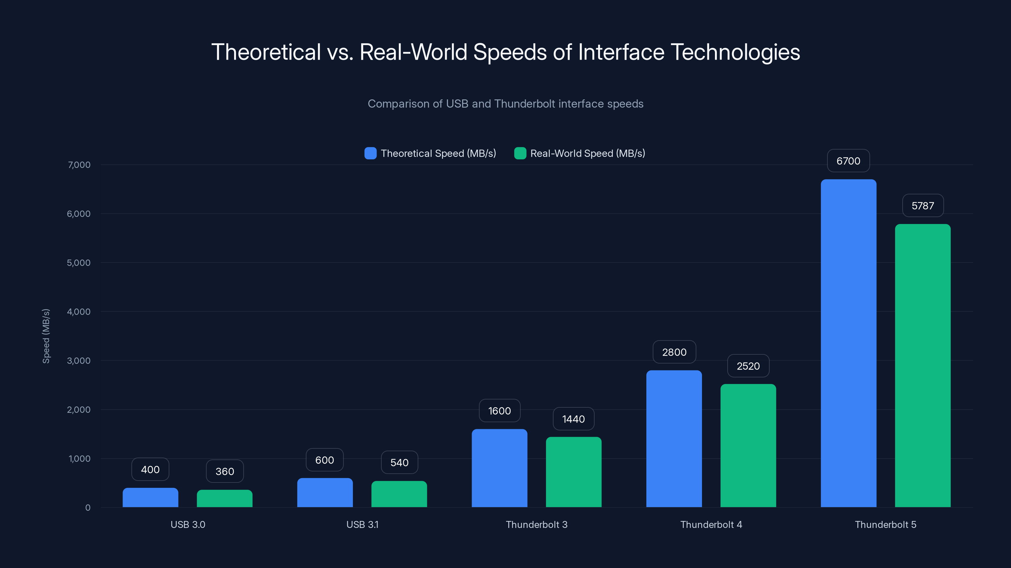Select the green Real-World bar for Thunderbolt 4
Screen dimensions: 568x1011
[748, 445]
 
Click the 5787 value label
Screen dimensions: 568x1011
[923, 205]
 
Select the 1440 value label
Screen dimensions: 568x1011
[573, 419]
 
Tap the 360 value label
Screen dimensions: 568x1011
[225, 471]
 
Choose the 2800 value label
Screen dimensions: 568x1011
[674, 352]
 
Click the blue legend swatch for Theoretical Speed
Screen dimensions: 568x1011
[370, 153]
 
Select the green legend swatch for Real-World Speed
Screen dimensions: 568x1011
[520, 153]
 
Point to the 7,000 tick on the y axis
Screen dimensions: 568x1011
[79, 165]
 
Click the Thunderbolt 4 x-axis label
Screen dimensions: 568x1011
[711, 524]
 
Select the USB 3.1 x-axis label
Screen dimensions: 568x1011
[362, 524]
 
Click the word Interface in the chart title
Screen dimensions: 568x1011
[621, 52]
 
